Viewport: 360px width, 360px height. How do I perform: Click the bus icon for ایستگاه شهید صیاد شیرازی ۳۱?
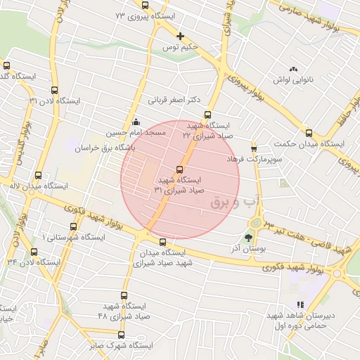(x=179, y=169)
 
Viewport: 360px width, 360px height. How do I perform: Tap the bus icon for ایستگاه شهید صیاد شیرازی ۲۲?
(x=207, y=115)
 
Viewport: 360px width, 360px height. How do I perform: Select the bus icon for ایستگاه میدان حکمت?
(x=309, y=133)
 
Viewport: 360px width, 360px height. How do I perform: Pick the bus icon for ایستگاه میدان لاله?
(x=38, y=176)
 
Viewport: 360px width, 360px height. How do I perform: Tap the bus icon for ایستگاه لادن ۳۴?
(x=34, y=252)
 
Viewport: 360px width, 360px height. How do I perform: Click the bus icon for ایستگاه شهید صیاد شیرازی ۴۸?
(x=124, y=296)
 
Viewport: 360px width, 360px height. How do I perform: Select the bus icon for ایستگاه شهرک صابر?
(x=121, y=335)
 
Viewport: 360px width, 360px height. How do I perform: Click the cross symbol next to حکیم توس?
(x=181, y=36)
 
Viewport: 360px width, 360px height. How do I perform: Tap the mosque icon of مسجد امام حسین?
(x=136, y=122)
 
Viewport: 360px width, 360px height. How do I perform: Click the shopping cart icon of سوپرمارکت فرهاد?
(x=254, y=149)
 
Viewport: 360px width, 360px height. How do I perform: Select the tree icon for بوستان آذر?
(x=247, y=237)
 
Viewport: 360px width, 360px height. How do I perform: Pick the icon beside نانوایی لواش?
(x=293, y=69)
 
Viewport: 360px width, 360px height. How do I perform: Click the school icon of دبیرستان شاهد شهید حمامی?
(x=301, y=305)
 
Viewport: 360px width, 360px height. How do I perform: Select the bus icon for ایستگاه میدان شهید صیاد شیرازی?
(x=162, y=242)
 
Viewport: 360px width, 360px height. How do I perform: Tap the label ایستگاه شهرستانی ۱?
(x=74, y=237)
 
